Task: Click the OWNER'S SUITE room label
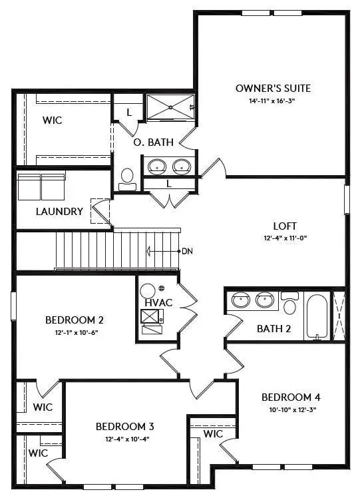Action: pyautogui.click(x=273, y=88)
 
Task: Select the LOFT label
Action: pyautogui.click(x=285, y=226)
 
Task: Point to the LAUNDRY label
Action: pyautogui.click(x=60, y=212)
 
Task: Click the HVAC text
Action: pyautogui.click(x=158, y=303)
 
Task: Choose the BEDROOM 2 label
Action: pyautogui.click(x=74, y=320)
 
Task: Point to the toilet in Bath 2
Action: pyautogui.click(x=289, y=305)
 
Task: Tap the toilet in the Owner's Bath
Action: pyautogui.click(x=128, y=177)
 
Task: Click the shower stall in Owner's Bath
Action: pyautogui.click(x=170, y=107)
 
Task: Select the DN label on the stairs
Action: pyautogui.click(x=187, y=251)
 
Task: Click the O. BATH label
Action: pyautogui.click(x=154, y=142)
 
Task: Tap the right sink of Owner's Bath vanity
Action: pyautogui.click(x=180, y=166)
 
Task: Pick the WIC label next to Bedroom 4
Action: pyautogui.click(x=213, y=433)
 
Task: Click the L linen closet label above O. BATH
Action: pyautogui.click(x=128, y=113)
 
